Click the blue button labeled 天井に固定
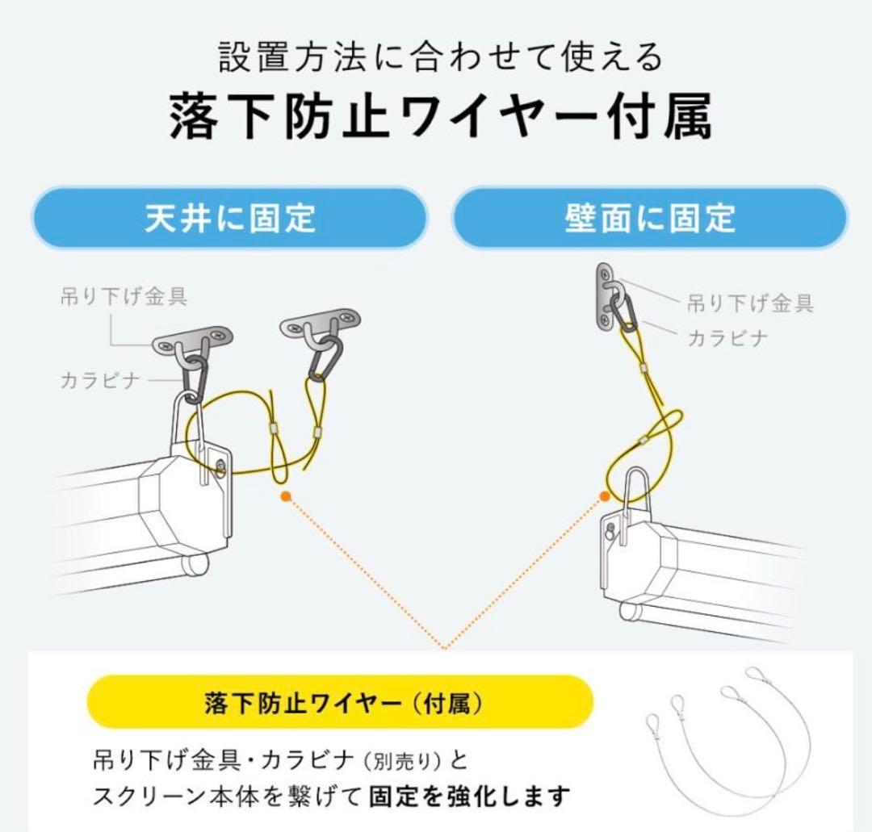coord(229,219)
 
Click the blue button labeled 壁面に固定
coord(650,219)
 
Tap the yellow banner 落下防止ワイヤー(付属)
coord(340,702)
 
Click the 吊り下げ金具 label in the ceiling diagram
coord(124,296)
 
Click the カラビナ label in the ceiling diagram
coord(100,380)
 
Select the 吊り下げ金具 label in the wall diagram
coord(750,303)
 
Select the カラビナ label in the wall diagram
coord(727,338)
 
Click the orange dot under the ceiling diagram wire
coord(285,496)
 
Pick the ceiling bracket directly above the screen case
coord(193,338)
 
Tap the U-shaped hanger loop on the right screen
coord(635,488)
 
